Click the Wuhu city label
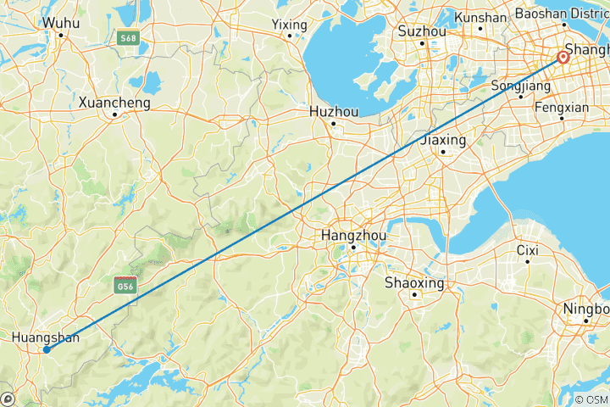pyautogui.click(x=61, y=23)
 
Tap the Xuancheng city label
pyautogui.click(x=114, y=103)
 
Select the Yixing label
pyautogui.click(x=289, y=25)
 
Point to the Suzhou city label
pyautogui.click(x=422, y=31)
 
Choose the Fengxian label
pyautogui.click(x=562, y=108)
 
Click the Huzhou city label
pyautogui.click(x=334, y=111)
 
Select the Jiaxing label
pyautogui.click(x=443, y=139)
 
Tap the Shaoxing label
pyautogui.click(x=414, y=282)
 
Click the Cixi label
pyautogui.click(x=528, y=250)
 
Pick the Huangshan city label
pyautogui.click(x=46, y=337)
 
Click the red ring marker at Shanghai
pyautogui.click(x=563, y=59)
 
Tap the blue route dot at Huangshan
pyautogui.click(x=47, y=349)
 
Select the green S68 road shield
pyautogui.click(x=128, y=39)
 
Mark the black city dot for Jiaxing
pyautogui.click(x=443, y=152)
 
